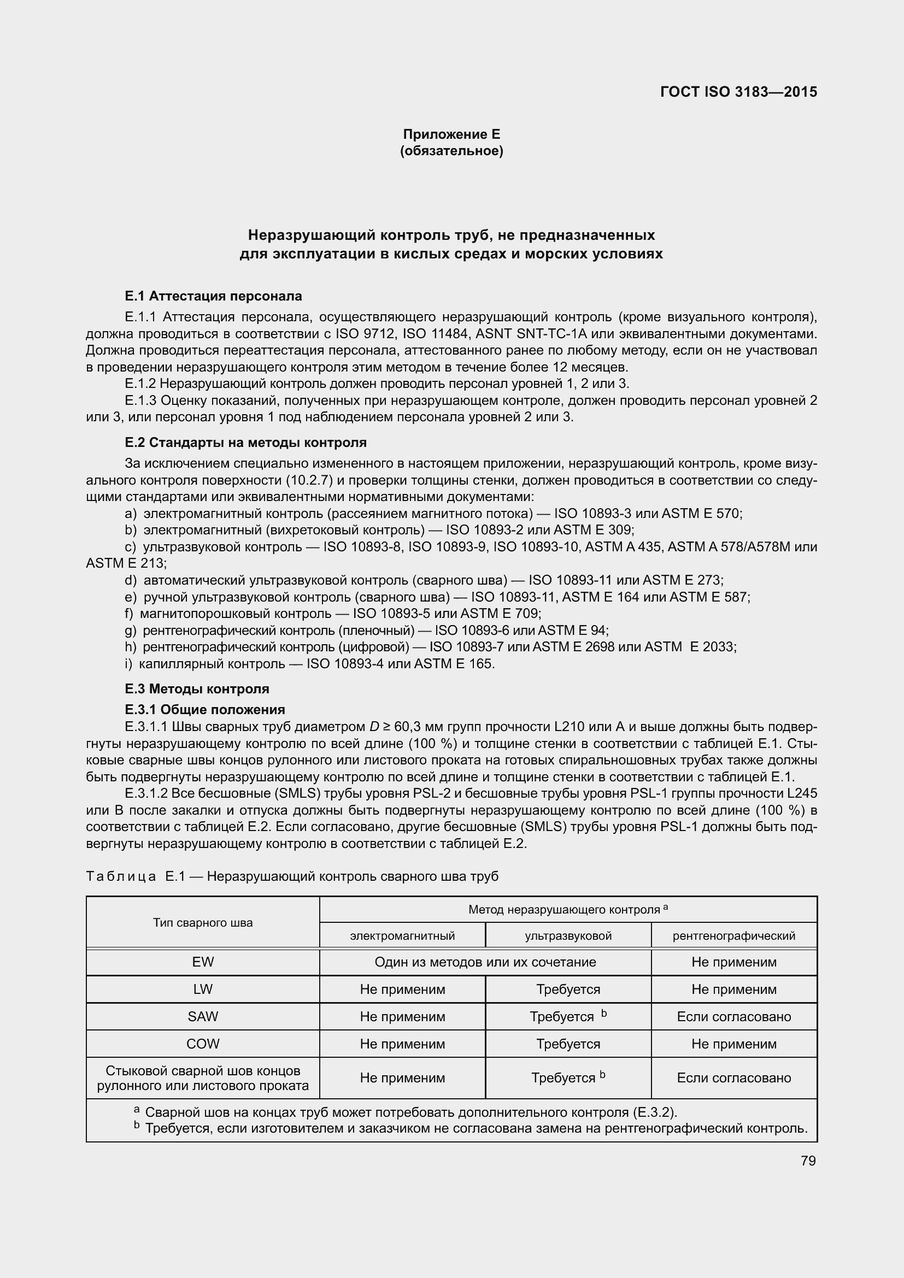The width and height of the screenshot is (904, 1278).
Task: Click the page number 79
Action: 808,1161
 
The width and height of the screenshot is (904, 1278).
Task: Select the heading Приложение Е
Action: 451,134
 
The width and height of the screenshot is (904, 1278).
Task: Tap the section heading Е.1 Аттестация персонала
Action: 213,296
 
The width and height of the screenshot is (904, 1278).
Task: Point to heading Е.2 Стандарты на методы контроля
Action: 245,443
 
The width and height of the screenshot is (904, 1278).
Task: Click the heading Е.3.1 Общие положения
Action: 205,710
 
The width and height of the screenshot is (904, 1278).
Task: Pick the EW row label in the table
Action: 203,962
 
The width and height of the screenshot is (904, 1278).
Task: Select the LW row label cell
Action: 203,989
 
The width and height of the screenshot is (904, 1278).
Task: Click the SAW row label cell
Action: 203,1016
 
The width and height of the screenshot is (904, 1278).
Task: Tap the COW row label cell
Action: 203,1044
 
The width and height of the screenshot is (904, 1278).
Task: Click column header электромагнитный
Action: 402,935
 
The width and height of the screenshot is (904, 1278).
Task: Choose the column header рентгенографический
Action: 733,935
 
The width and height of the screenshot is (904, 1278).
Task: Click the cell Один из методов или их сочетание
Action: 485,962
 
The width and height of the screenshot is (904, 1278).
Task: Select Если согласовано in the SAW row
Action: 733,1016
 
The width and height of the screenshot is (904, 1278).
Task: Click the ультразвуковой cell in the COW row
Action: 568,1044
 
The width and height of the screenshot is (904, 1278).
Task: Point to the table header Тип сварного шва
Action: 203,922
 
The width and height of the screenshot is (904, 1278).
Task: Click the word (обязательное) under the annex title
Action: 451,151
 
